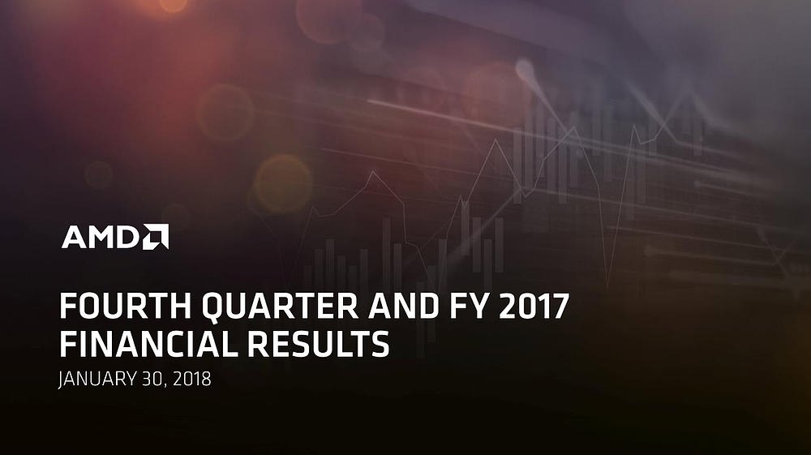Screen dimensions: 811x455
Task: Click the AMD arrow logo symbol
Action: (x=157, y=236)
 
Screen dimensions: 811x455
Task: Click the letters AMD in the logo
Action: (x=101, y=238)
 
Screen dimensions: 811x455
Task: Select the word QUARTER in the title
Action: (x=280, y=307)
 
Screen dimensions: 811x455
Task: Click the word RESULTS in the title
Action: (x=318, y=345)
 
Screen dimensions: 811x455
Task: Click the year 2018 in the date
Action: (x=192, y=379)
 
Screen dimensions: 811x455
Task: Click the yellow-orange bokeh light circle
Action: (x=283, y=183)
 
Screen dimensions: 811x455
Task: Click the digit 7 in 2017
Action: (x=560, y=306)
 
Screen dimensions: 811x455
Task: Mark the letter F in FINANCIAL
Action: (x=67, y=345)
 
